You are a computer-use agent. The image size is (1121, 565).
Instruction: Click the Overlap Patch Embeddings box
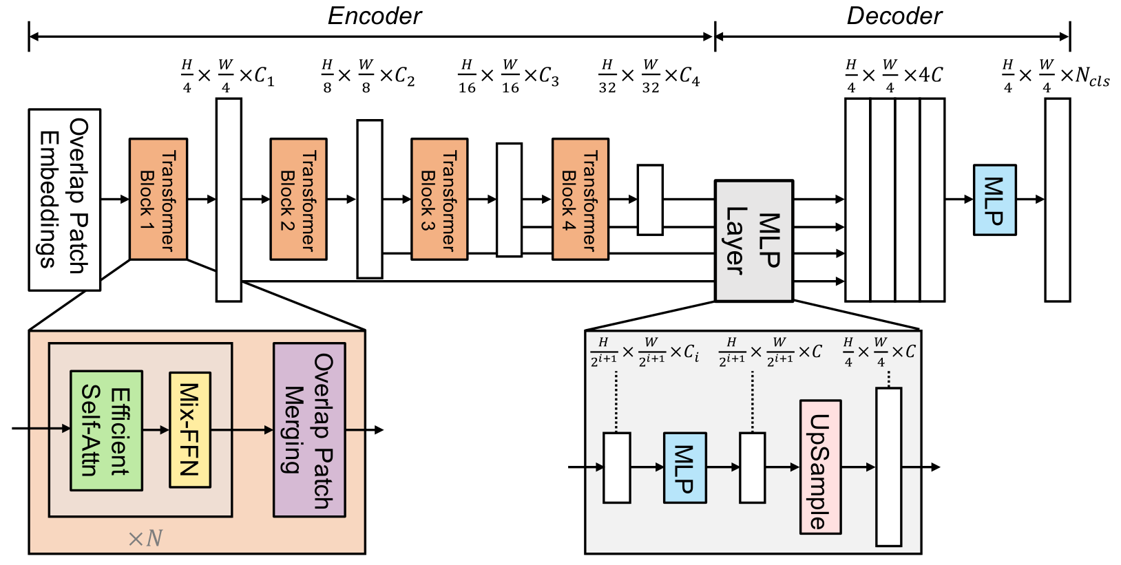tap(65, 200)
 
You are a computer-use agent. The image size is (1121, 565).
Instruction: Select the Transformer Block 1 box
tap(158, 200)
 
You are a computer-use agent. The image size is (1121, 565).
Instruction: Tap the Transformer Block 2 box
tap(298, 200)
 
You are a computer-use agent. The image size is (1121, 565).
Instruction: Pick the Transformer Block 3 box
tap(439, 200)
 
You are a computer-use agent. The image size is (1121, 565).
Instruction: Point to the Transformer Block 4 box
tap(580, 200)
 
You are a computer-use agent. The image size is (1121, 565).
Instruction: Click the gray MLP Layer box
tap(754, 241)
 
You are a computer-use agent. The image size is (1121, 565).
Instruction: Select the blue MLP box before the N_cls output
tap(994, 200)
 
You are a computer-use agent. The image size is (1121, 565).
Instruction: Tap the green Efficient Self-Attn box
tap(107, 431)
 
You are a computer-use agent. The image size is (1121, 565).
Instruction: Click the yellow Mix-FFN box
tap(189, 430)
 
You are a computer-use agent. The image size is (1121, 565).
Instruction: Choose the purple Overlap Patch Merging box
tap(309, 430)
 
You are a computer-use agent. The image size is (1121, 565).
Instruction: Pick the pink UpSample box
tap(820, 467)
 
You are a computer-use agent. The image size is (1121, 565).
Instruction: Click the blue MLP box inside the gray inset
tap(684, 468)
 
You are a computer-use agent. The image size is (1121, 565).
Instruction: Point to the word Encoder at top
tap(374, 16)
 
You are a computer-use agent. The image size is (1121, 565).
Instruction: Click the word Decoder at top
tap(894, 16)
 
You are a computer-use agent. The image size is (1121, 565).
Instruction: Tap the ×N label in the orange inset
tap(145, 538)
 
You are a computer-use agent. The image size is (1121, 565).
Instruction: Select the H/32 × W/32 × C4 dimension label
tap(649, 76)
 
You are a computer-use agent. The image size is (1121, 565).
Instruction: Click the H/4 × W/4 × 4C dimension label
tap(894, 76)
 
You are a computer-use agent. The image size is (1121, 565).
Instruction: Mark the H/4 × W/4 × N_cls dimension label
tap(1055, 76)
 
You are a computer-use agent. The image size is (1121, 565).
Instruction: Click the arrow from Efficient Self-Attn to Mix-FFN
tap(156, 430)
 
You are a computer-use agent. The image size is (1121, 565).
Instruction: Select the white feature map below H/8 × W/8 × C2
tap(370, 200)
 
